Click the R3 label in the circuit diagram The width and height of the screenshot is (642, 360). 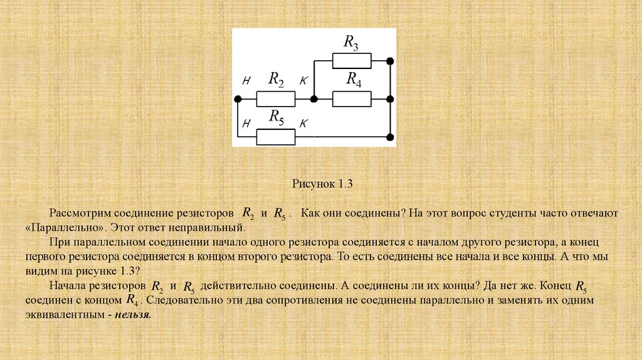tap(351, 43)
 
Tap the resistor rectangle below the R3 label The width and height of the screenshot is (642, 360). tap(352, 61)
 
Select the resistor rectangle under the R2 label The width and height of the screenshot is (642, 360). tap(276, 99)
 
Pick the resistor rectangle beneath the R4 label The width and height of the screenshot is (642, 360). tap(352, 99)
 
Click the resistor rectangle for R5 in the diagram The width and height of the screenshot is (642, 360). tap(276, 137)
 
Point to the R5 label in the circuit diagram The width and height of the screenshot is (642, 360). tap(276, 117)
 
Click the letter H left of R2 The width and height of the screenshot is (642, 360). tap(246, 81)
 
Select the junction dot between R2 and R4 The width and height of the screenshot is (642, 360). tap(314, 99)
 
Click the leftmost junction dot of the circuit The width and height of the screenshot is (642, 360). tap(238, 99)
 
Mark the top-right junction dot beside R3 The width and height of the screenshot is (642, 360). tap(390, 61)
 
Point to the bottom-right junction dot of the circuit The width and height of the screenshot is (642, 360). tap(390, 137)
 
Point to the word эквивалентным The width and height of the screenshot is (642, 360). tap(62, 315)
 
